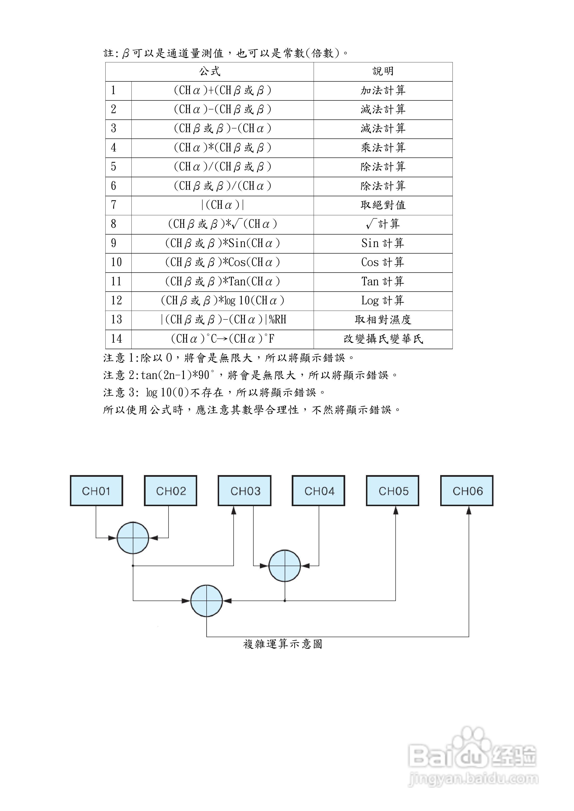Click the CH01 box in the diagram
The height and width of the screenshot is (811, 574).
click(x=96, y=491)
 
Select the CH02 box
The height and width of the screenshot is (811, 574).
click(x=170, y=491)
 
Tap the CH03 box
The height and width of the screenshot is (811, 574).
click(x=245, y=491)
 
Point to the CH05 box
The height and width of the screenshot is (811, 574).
click(x=392, y=491)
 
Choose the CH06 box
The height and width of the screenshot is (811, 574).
click(x=467, y=491)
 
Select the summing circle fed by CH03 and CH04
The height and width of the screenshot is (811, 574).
click(x=285, y=566)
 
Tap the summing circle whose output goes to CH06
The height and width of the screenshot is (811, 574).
click(x=207, y=601)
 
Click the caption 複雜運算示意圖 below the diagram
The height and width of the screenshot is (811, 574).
click(x=283, y=644)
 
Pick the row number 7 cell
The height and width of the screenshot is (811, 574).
click(x=118, y=205)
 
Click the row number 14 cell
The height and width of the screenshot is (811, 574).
click(x=118, y=339)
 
